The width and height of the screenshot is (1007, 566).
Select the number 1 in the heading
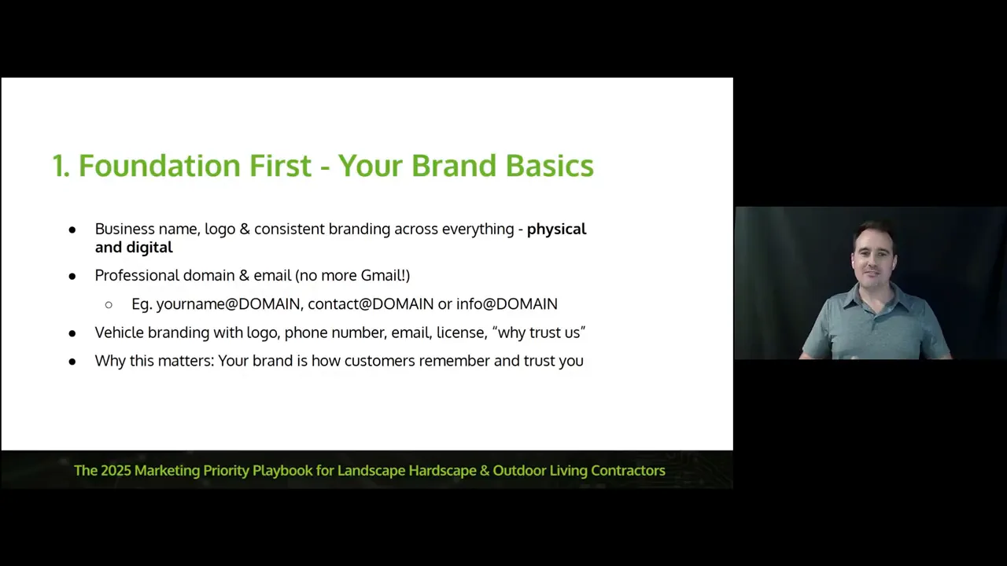click(x=60, y=166)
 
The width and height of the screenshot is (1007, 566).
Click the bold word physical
click(x=556, y=229)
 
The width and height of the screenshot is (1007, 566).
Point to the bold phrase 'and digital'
click(x=134, y=247)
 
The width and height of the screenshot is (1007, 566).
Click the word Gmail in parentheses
click(x=382, y=275)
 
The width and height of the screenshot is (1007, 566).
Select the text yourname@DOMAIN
click(x=228, y=303)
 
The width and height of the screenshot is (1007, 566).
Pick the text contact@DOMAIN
click(x=371, y=303)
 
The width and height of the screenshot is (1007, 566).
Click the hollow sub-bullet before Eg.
click(x=109, y=304)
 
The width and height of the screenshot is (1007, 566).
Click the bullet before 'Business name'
click(x=72, y=230)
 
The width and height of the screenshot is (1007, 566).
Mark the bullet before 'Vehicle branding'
click(x=72, y=333)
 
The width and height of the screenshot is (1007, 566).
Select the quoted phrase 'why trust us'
click(x=539, y=333)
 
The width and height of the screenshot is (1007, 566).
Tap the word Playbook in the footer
click(x=282, y=470)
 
